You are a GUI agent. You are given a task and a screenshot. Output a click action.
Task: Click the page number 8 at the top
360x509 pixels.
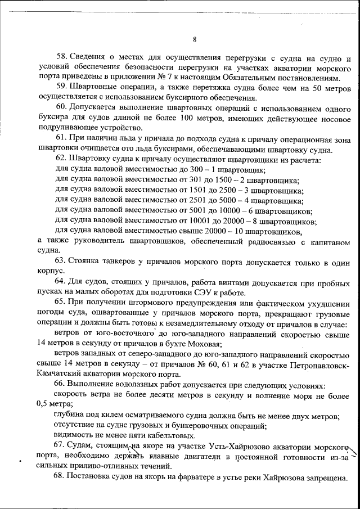pos(194,39)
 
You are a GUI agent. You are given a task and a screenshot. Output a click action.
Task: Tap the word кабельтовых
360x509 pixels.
pos(157,436)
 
